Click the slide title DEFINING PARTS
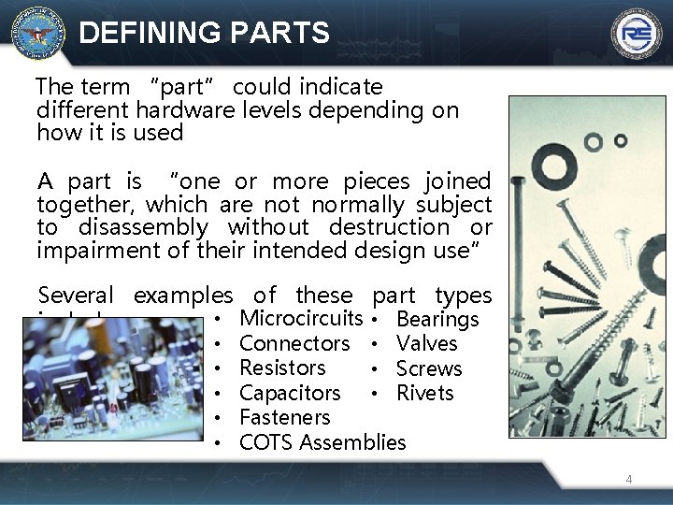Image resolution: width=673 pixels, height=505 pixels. pos(205,34)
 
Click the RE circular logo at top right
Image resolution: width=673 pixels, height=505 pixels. pos(637,34)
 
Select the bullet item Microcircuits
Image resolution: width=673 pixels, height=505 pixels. pos(301,319)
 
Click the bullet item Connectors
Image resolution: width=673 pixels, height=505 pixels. pos(294,344)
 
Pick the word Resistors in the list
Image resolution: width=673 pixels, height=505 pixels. pos(282,368)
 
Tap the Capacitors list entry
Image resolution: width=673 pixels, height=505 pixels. pos(290,393)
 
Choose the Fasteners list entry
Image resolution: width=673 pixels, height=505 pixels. pos(285,418)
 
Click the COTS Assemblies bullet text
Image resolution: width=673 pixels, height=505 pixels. pos(322,442)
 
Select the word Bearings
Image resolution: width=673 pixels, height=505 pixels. pos(437,320)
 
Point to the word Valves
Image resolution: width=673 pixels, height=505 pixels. pos(426,344)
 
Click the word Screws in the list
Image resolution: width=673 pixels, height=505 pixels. pos(429,369)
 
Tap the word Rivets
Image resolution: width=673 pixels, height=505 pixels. pos(424,394)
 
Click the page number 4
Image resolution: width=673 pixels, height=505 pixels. pos(629,480)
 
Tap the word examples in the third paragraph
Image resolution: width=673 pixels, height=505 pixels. pos(183,296)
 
